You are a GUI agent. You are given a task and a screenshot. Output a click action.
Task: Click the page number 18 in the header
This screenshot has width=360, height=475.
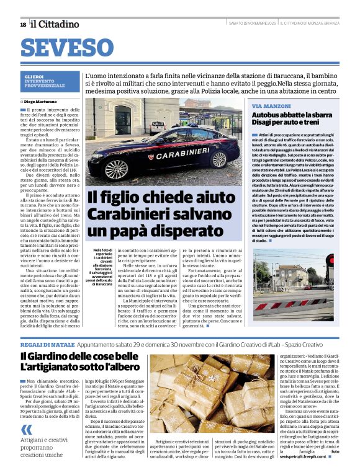(x=23, y=24)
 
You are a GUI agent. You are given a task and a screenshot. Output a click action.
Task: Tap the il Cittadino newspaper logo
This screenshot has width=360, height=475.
(x=55, y=24)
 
